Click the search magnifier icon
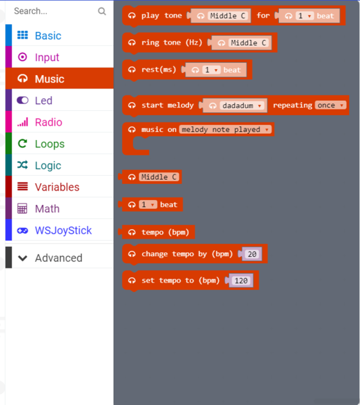(x=102, y=11)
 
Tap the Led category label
(x=44, y=101)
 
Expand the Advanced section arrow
(x=23, y=258)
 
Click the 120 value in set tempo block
(x=241, y=281)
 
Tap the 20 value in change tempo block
(x=252, y=254)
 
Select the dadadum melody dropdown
(x=242, y=105)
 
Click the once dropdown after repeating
(x=330, y=105)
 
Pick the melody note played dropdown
(x=226, y=129)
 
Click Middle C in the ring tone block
(x=249, y=43)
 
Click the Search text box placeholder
(x=30, y=11)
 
